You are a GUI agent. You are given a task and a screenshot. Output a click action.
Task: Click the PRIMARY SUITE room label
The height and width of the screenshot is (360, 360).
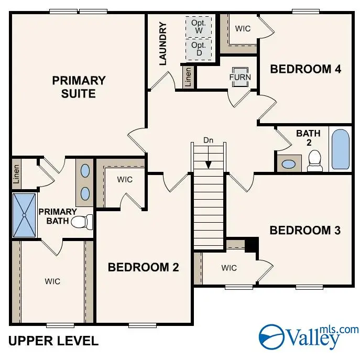pos(79,87)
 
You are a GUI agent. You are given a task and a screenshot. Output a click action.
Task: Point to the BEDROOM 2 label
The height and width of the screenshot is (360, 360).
pos(143,267)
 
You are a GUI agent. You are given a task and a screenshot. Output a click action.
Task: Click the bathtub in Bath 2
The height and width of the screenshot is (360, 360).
pos(340,149)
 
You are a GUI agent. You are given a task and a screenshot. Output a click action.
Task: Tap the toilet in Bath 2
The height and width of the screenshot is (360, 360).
pos(314,161)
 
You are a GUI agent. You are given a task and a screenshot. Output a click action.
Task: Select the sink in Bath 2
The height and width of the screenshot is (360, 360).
pos(289,163)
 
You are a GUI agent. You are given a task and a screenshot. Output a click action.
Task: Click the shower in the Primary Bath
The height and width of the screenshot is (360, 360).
pos(24,215)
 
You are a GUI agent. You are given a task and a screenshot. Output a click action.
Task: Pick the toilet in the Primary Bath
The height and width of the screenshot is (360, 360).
pos(81,222)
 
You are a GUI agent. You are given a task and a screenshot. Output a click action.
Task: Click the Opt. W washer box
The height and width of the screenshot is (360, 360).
pos(199,27)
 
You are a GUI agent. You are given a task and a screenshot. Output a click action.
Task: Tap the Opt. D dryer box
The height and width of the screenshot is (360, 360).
pos(199,50)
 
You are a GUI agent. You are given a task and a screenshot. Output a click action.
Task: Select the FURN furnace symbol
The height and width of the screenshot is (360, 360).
pos(240,77)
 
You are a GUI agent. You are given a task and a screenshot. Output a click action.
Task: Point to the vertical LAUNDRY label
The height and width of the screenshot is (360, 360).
pos(162,43)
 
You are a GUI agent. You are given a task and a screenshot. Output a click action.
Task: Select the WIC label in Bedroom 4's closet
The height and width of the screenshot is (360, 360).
pos(243,28)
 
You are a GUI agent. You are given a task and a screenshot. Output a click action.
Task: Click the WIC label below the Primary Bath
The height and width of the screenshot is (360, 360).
pos(52,281)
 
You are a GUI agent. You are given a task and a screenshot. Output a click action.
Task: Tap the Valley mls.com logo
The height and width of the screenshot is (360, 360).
pos(309,335)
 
